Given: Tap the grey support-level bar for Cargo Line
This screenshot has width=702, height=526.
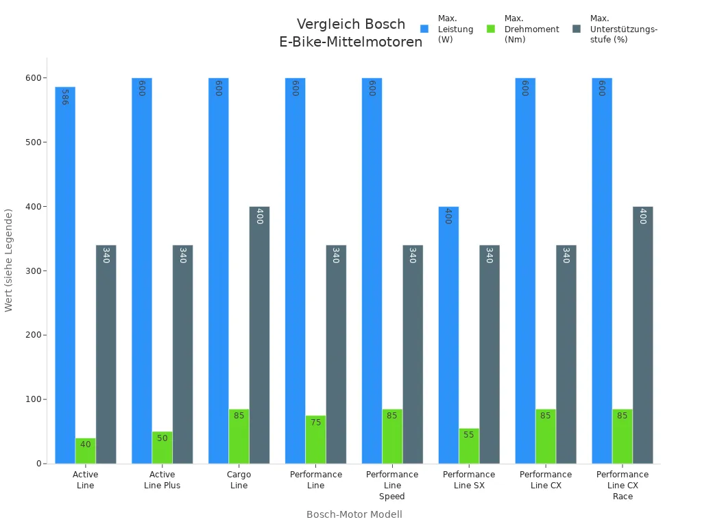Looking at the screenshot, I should click(x=259, y=335).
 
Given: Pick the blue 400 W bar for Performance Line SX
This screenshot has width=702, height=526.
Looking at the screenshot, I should click(x=448, y=335).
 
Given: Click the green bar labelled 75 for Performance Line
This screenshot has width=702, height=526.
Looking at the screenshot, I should click(x=315, y=440).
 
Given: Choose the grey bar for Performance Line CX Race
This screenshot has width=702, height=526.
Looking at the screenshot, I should click(x=642, y=335).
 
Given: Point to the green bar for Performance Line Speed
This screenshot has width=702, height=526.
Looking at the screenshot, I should click(x=392, y=436).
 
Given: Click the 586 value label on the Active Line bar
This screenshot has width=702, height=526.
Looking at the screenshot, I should click(x=64, y=97).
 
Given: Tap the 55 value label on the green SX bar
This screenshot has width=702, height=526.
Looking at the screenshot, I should click(x=469, y=435).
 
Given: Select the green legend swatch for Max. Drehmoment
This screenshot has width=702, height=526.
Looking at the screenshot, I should click(x=491, y=29).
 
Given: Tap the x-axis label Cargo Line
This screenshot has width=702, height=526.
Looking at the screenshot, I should click(x=239, y=480).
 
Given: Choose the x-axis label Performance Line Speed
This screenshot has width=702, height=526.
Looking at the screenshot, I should click(x=392, y=485).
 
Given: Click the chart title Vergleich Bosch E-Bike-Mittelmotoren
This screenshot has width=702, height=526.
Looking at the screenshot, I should click(x=351, y=33).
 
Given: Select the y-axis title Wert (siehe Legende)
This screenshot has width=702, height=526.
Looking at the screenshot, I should click(x=9, y=260).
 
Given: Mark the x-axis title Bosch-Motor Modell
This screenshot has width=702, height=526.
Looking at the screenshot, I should click(x=354, y=514).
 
